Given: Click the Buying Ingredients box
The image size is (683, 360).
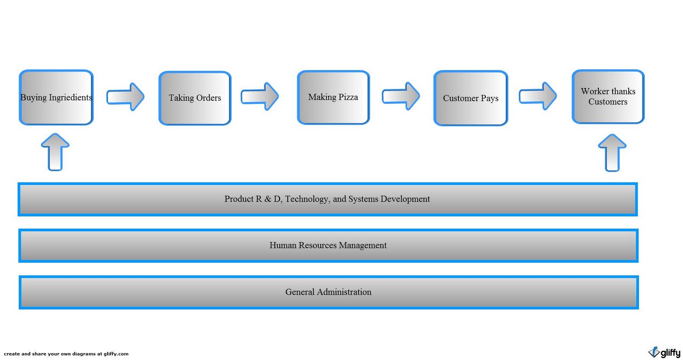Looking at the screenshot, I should click(x=56, y=97).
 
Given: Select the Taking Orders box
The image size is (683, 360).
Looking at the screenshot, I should click(x=195, y=98).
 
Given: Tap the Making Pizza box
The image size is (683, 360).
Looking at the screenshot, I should click(x=333, y=97).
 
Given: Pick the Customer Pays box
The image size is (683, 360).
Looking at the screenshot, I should click(x=470, y=98).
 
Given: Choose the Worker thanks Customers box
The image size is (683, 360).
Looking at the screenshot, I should click(x=608, y=97).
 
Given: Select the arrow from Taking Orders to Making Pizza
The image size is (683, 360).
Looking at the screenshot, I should click(x=260, y=97).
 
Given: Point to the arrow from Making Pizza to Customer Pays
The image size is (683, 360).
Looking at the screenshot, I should click(x=400, y=96).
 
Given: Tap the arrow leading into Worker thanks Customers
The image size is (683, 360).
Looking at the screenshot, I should click(x=537, y=96).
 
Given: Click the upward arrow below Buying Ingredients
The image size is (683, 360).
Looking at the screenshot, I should click(x=55, y=152).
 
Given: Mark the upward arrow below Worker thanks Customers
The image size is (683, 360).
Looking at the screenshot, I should click(x=612, y=153).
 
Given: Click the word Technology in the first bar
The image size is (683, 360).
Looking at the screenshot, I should click(x=306, y=199).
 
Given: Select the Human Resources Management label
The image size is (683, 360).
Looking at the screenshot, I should click(x=328, y=246).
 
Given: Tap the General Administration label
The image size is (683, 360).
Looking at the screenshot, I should click(x=328, y=292).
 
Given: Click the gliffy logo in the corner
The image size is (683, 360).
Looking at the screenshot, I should click(x=664, y=352).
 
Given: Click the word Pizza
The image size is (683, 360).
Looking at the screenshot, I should click(x=348, y=97).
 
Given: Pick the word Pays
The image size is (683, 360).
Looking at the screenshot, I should click(x=490, y=99).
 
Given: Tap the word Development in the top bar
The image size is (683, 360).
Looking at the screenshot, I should click(x=405, y=199).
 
